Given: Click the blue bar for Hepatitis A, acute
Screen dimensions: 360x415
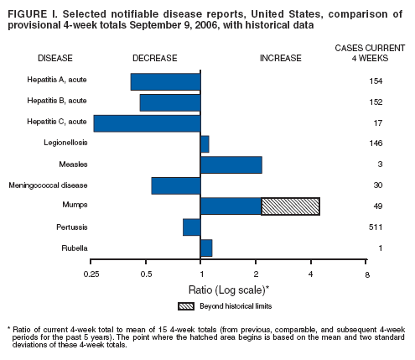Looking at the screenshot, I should (165, 81).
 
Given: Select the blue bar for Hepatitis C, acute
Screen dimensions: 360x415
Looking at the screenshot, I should (147, 123).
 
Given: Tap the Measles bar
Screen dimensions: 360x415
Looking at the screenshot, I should (231, 164).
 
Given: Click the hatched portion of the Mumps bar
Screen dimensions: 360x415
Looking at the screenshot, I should (290, 206).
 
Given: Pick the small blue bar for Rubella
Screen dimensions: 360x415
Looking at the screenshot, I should (206, 248).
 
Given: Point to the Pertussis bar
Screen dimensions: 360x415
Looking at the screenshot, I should (191, 227).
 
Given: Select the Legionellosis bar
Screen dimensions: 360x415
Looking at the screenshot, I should (205, 143).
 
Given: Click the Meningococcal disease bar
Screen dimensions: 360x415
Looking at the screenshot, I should (175, 185).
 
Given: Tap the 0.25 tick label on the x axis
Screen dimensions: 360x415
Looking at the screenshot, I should (92, 274).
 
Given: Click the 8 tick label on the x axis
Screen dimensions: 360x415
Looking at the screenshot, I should (366, 274).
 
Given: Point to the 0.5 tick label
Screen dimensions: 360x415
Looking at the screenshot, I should (147, 274).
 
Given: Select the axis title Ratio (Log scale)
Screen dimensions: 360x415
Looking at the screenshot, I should (229, 289).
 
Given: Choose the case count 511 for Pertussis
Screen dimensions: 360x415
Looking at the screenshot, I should (375, 227).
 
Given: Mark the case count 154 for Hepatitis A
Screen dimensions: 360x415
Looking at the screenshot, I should (375, 81).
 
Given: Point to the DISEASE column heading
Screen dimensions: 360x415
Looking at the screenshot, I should (55, 57).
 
